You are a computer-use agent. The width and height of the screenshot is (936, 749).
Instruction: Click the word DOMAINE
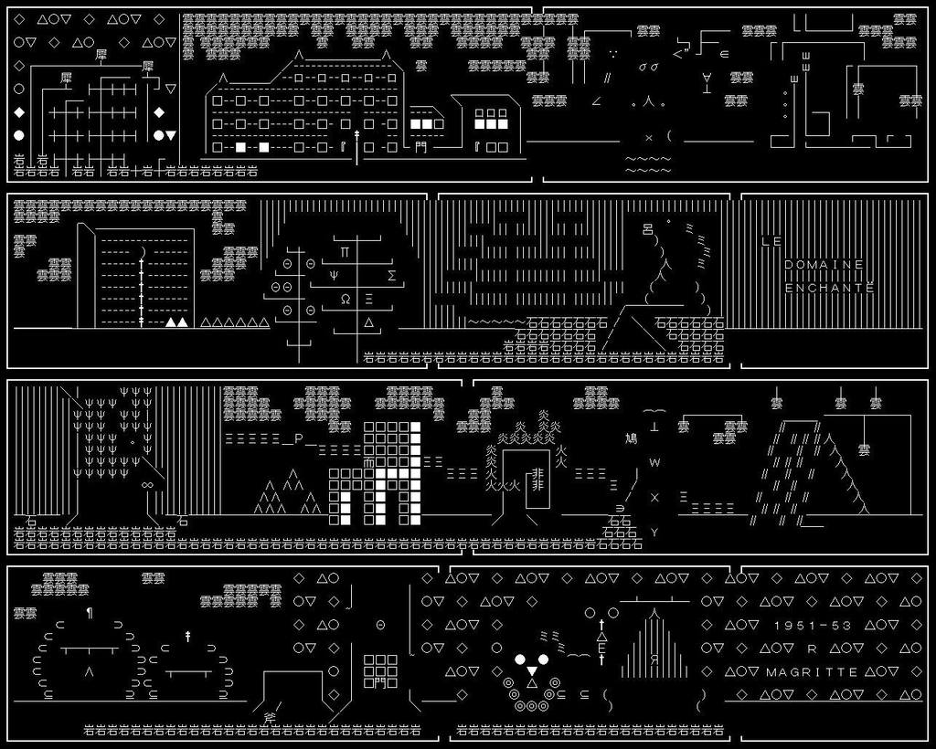pyautogui.click(x=824, y=265)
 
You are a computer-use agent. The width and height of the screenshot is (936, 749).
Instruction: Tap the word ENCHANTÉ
pyautogui.click(x=829, y=288)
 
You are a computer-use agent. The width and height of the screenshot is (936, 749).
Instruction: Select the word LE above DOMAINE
pyautogui.click(x=771, y=242)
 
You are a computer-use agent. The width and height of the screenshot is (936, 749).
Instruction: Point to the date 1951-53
pyautogui.click(x=813, y=626)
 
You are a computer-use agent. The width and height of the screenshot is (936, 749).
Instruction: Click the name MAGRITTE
pyautogui.click(x=812, y=672)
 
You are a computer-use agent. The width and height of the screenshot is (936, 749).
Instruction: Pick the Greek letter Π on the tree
pyautogui.click(x=345, y=251)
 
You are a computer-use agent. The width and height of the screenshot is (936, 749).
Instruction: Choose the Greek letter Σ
pyautogui.click(x=392, y=275)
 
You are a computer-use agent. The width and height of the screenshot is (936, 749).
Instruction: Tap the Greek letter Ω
pyautogui.click(x=346, y=299)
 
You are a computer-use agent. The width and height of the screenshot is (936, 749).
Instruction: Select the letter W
pyautogui.click(x=654, y=463)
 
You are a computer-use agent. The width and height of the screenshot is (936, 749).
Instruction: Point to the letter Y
pyautogui.click(x=654, y=533)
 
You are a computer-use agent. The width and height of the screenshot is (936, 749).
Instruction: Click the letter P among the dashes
pyautogui.click(x=298, y=439)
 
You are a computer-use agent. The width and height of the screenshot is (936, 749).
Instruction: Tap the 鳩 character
pyautogui.click(x=631, y=439)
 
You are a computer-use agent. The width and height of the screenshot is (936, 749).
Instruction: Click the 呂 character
pyautogui.click(x=648, y=228)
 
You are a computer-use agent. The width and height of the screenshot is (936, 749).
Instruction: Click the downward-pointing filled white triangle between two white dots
pyautogui.click(x=532, y=671)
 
